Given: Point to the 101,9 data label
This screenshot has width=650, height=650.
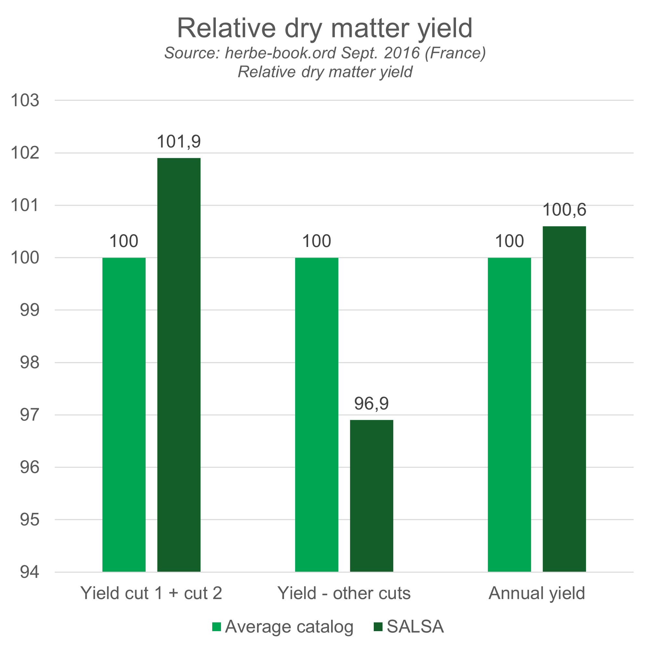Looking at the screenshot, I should (x=179, y=142).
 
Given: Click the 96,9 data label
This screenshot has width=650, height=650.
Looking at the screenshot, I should (x=371, y=403).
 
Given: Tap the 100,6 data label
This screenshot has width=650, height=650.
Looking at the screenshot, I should (x=564, y=210).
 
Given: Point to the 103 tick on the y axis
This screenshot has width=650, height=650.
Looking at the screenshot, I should (x=25, y=100).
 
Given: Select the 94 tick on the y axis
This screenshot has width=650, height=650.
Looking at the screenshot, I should (x=29, y=572).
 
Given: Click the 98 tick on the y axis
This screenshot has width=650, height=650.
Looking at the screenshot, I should (x=29, y=363).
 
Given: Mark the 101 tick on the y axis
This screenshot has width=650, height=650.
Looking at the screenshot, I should (x=25, y=205).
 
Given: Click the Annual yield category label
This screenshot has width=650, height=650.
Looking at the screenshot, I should (x=537, y=593).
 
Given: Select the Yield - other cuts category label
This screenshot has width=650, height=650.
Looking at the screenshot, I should (x=344, y=593).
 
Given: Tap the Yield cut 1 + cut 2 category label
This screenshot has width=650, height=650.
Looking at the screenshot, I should (x=151, y=593).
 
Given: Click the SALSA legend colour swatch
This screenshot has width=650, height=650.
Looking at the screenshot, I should (x=378, y=627).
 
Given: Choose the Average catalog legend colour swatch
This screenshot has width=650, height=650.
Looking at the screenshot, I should (x=217, y=627).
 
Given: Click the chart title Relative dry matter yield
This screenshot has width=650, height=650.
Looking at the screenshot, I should (x=325, y=28).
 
